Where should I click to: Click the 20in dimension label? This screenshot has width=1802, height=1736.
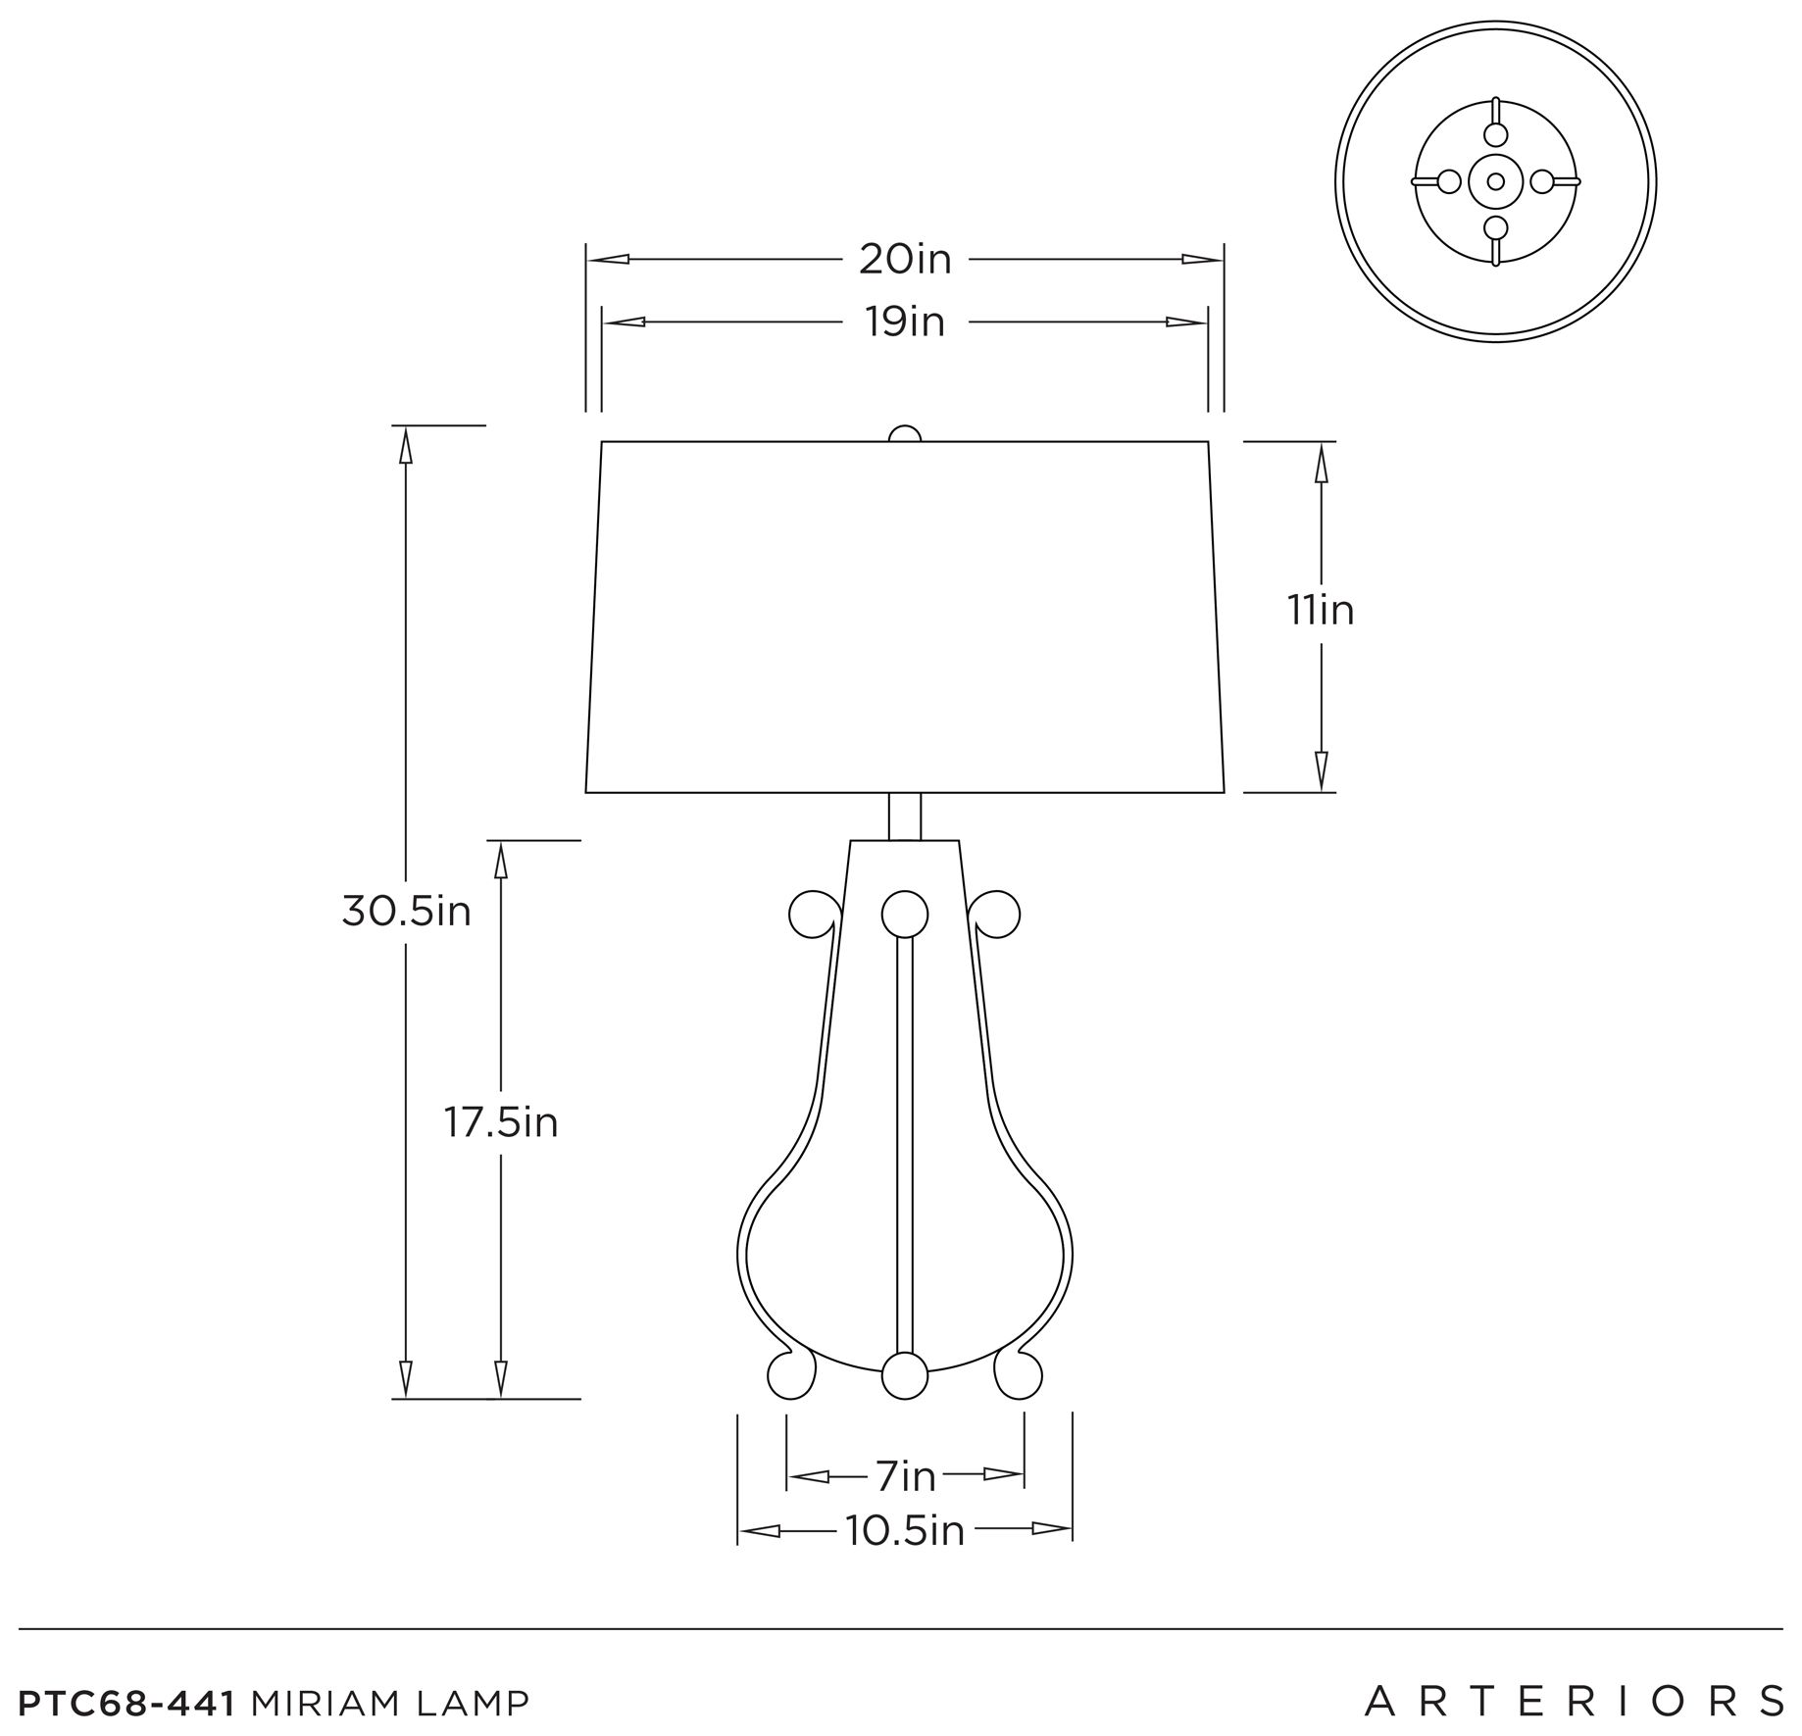(905, 260)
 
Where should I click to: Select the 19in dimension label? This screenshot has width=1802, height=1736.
(905, 322)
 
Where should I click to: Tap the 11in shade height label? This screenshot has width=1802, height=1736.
(1321, 611)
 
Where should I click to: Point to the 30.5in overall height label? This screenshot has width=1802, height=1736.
(406, 912)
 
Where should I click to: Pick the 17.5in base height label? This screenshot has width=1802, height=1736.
(501, 1122)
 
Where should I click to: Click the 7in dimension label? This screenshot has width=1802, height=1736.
(906, 1476)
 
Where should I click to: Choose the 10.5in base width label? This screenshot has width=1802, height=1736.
(905, 1530)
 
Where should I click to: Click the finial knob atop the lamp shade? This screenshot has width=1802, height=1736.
(905, 434)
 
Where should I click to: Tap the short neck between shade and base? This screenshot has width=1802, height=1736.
(905, 816)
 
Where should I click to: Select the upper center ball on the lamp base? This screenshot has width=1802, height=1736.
(905, 914)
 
